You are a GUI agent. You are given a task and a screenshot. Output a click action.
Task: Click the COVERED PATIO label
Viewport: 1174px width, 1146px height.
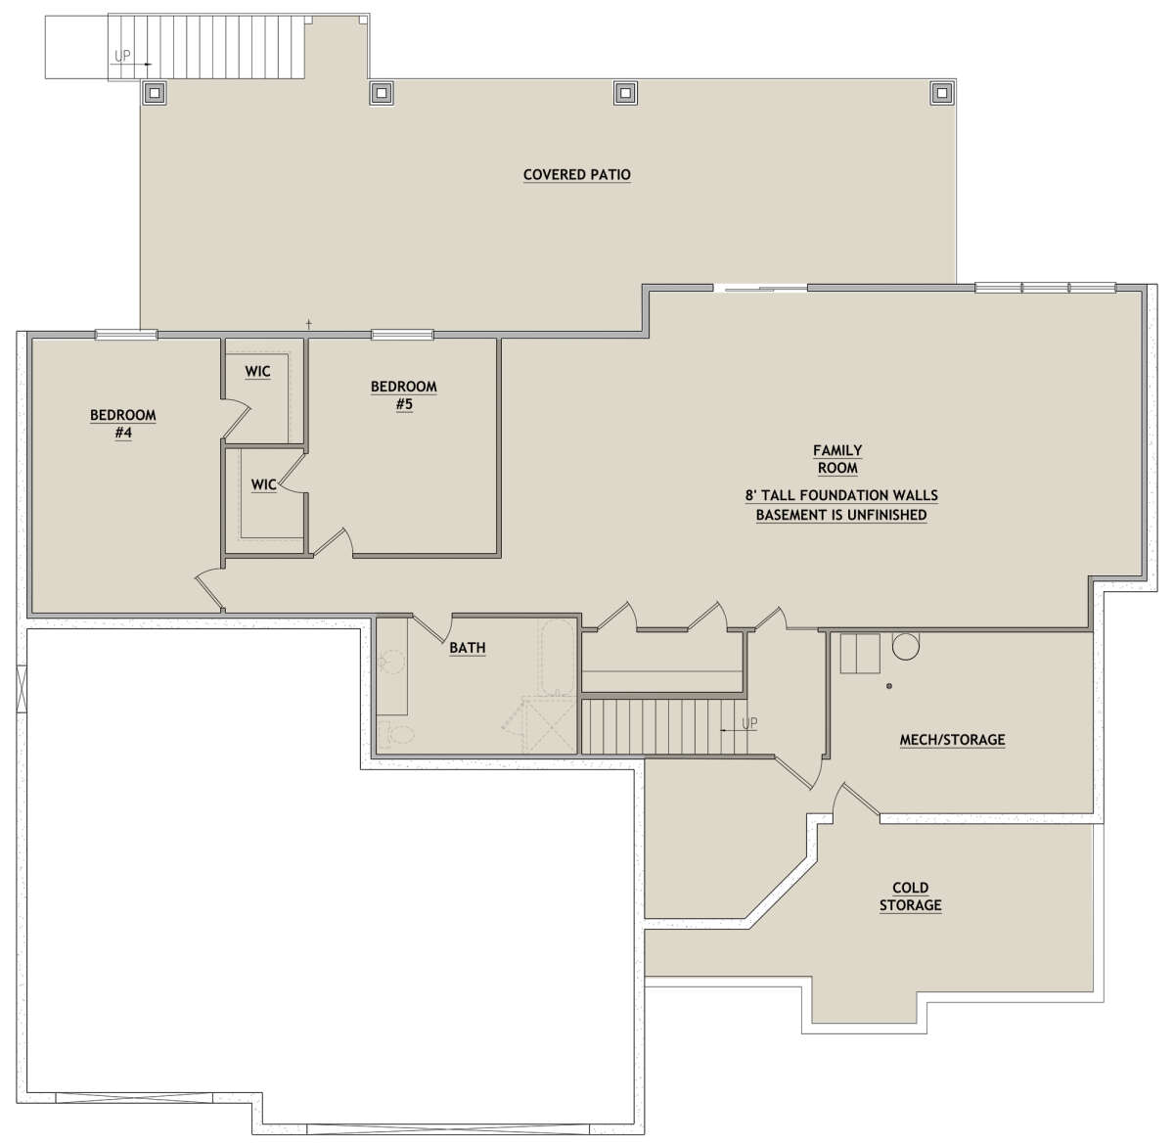(577, 174)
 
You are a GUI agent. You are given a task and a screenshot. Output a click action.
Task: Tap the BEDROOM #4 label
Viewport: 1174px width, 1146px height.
(123, 424)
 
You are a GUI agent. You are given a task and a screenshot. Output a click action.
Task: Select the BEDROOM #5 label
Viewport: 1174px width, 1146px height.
(404, 395)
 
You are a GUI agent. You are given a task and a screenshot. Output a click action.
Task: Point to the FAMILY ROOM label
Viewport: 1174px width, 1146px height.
(837, 459)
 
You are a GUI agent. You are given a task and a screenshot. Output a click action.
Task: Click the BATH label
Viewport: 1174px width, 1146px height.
(467, 648)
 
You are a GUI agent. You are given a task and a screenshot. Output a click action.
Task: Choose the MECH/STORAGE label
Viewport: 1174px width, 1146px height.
(952, 739)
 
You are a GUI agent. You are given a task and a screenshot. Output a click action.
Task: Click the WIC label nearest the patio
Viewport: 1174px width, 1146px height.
(257, 371)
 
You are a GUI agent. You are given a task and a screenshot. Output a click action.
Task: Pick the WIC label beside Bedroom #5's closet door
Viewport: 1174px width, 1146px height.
(263, 484)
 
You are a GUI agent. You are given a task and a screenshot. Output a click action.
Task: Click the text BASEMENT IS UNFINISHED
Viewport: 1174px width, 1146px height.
(841, 515)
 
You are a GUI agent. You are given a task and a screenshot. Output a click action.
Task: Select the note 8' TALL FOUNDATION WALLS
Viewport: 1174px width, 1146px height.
(841, 495)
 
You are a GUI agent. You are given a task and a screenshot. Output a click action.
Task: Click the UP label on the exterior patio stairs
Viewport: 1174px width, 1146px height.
(122, 56)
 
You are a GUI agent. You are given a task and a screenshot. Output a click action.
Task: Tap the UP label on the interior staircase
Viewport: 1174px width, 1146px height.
(749, 722)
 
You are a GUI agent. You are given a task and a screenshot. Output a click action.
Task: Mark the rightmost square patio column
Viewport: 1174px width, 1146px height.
(942, 93)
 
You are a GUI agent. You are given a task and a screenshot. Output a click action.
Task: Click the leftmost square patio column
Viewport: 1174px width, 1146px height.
(154, 93)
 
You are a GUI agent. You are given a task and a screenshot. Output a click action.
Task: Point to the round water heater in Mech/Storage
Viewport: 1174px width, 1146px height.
(906, 645)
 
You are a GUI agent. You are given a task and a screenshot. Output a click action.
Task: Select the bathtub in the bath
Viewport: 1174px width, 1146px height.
(558, 658)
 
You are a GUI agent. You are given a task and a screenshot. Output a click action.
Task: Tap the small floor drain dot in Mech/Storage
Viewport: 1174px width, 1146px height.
(888, 686)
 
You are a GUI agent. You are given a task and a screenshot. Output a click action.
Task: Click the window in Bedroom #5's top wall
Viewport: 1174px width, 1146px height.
(402, 335)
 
